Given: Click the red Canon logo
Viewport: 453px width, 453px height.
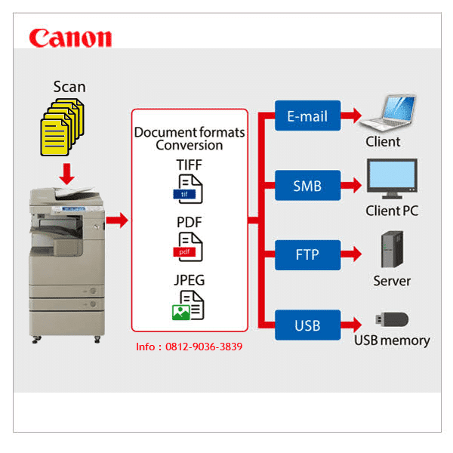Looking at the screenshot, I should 70,38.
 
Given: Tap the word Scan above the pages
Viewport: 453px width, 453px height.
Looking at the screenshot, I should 69,86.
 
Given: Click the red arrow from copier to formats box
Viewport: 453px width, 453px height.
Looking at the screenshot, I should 116,221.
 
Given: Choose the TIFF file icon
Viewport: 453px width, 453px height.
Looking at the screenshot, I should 189,189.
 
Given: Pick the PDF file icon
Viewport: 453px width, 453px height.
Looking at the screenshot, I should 189,246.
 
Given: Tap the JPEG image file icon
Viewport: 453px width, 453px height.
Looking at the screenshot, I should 189,304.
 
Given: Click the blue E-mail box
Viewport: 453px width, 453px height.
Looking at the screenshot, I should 307,116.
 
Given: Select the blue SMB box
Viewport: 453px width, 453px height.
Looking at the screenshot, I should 307,185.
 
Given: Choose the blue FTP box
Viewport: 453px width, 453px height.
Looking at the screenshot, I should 307,254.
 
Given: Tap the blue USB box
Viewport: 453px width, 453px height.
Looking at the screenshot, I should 307,325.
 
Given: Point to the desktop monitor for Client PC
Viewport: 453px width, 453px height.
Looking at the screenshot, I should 391,180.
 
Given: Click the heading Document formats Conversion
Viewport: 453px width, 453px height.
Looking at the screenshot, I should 190,138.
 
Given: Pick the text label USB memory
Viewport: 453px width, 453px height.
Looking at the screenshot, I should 392,341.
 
